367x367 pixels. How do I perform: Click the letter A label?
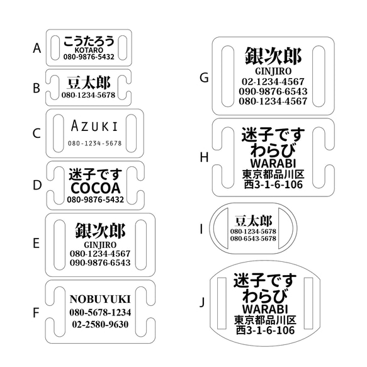pos(37,47)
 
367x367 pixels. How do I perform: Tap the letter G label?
pos(203,77)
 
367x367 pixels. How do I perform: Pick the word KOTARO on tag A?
pos(89,49)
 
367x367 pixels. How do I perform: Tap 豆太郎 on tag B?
pos(89,83)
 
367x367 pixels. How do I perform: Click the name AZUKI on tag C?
pos(95,125)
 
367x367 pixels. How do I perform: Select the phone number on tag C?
pos(95,144)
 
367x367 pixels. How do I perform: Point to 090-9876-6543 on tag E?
pos(101,263)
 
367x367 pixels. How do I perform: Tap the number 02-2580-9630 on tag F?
pos(101,324)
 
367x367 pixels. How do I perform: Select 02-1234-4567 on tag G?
pos(273,81)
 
